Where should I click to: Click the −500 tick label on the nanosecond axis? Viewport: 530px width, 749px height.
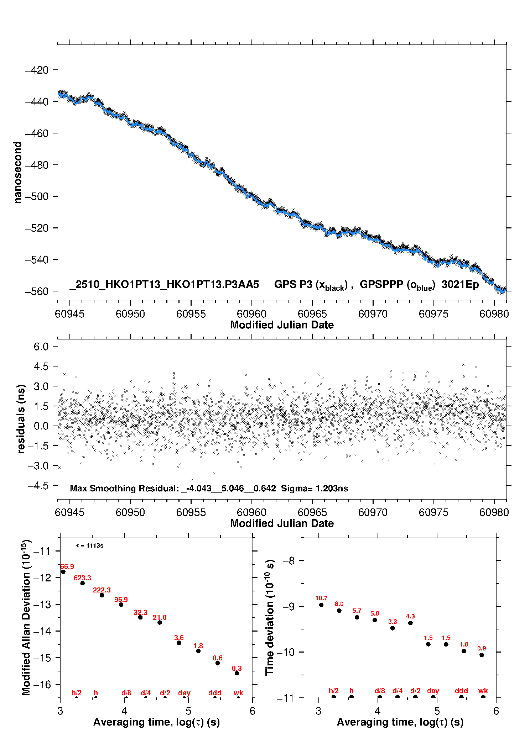(37, 197)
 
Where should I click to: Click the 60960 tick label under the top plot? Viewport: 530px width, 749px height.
(251, 314)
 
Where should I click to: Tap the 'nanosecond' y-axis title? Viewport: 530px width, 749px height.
(18, 173)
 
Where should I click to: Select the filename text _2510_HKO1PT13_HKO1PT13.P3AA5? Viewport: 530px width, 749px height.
(164, 284)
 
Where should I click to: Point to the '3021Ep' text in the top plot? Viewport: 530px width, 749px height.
(460, 284)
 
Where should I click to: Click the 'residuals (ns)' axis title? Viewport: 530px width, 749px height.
(21, 419)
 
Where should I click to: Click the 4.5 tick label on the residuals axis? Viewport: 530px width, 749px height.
(41, 366)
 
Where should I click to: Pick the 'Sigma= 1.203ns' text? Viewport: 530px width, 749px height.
(315, 488)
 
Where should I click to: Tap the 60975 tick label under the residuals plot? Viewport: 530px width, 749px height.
(433, 512)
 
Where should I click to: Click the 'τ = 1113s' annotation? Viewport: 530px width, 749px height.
(90, 545)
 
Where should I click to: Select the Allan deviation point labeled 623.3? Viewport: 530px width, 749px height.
(83, 583)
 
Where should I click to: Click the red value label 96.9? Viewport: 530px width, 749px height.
(121, 600)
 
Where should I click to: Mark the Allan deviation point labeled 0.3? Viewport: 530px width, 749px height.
(237, 673)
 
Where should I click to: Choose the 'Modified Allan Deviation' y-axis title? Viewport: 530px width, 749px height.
(26, 617)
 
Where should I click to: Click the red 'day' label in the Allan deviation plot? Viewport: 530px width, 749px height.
(184, 693)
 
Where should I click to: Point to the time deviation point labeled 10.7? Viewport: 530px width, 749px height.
(321, 605)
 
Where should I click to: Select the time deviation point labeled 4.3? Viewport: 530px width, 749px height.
(410, 623)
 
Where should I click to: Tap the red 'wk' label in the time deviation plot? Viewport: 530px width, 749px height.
(483, 691)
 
